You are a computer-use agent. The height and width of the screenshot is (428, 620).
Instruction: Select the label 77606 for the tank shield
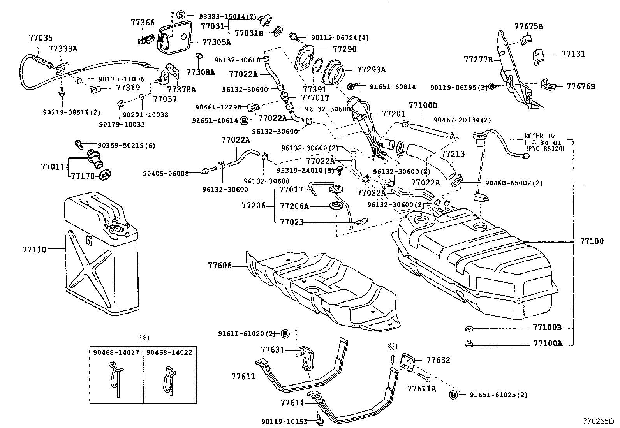pos(220,266)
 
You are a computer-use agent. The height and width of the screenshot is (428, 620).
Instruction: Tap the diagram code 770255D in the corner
pos(598,421)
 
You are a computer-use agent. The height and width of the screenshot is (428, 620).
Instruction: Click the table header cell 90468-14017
pos(116,352)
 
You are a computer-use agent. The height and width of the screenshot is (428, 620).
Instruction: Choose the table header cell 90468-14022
pos(169,352)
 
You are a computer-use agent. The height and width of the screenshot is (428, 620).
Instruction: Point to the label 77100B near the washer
pos(547,328)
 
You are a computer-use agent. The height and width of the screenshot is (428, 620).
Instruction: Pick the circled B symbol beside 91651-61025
pos(453,395)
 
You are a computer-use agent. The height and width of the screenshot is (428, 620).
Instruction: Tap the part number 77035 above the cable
pos(41,38)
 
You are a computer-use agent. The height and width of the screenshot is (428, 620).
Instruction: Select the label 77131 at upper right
pos(573,54)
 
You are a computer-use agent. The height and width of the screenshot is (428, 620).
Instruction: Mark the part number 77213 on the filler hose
pos(453,154)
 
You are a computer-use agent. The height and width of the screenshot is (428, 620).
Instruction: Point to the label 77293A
pos(371,70)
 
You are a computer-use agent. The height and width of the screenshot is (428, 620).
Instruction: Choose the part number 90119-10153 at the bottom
pos(285,421)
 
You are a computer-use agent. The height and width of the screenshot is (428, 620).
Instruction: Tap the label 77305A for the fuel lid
pos(216,42)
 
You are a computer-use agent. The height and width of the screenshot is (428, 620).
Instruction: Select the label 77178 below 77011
pos(83,176)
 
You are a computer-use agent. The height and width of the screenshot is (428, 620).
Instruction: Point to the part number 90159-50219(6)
pos(126,146)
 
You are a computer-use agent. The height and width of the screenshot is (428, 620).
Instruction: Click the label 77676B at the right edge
pos(581,86)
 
